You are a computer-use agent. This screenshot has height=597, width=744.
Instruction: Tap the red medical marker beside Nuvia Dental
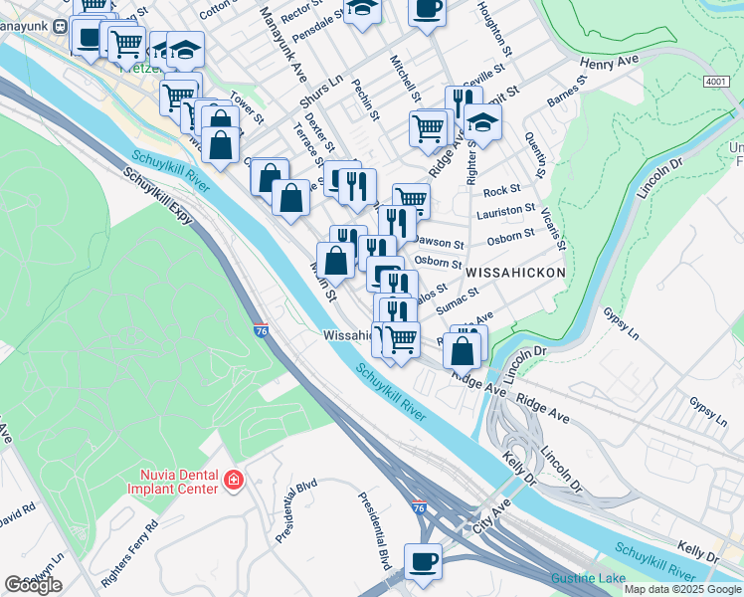click(x=233, y=481)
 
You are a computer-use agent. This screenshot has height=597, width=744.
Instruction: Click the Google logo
click(x=33, y=585)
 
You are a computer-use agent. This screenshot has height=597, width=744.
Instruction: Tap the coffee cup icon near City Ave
click(x=423, y=559)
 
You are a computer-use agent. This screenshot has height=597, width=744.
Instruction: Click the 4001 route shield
click(x=715, y=81)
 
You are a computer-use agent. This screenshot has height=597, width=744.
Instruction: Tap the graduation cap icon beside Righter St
click(x=482, y=121)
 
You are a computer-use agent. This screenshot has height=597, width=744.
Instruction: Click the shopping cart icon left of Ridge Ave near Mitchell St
click(x=429, y=126)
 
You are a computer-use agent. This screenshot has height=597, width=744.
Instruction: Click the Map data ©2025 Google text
click(x=681, y=589)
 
